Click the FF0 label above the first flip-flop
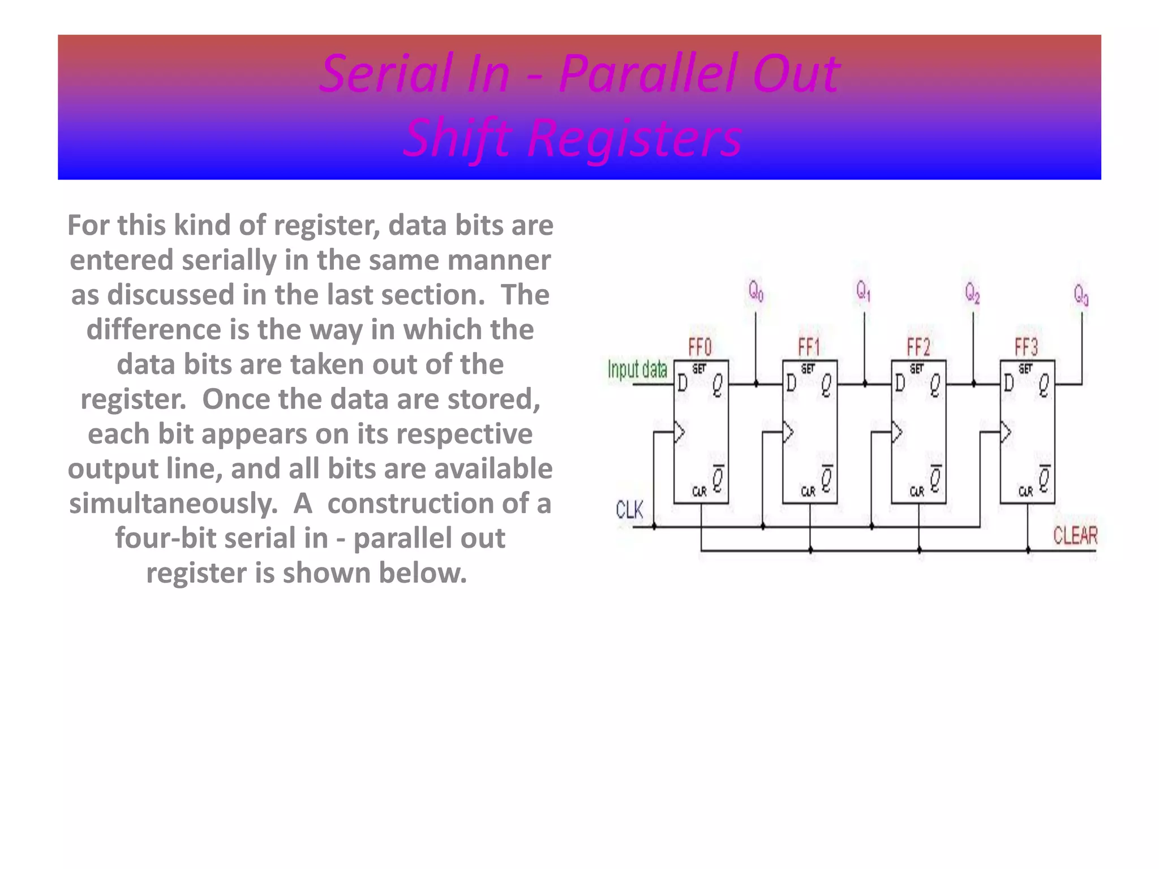pyautogui.click(x=700, y=346)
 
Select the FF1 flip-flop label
pyautogui.click(x=809, y=346)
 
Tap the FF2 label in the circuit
pyautogui.click(x=918, y=346)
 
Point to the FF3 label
pyautogui.click(x=1027, y=346)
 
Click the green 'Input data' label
pyautogui.click(x=637, y=370)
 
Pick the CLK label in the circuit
pyautogui.click(x=629, y=510)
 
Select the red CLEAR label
pyautogui.click(x=1075, y=535)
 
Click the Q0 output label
pyautogui.click(x=756, y=292)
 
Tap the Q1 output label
pyautogui.click(x=863, y=292)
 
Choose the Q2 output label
pyautogui.click(x=972, y=293)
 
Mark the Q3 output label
pyautogui.click(x=1081, y=295)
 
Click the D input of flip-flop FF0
pyautogui.click(x=682, y=384)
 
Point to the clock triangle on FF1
pyautogui.click(x=788, y=433)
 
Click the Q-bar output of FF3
pyautogui.click(x=1044, y=479)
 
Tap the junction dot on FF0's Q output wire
pyautogui.click(x=756, y=385)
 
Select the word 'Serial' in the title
pyautogui.click(x=387, y=74)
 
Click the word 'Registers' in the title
pyautogui.click(x=634, y=138)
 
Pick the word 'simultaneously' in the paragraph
pyautogui.click(x=173, y=504)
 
